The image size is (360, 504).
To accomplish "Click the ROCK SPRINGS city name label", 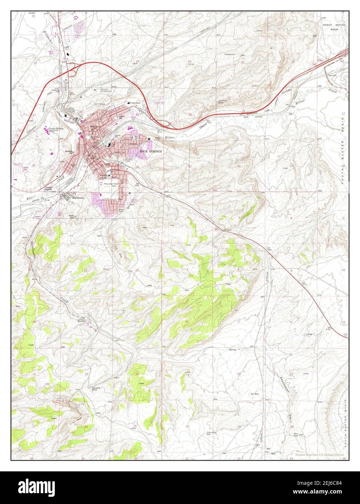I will point(150,150).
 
